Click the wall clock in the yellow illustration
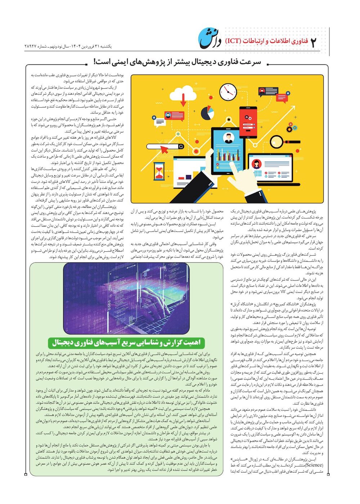pyautogui.click(x=228, y=92)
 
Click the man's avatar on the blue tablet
pyautogui.click(x=228, y=138)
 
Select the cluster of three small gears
pyautogui.click(x=291, y=128)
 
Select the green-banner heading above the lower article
pyautogui.click(x=126, y=342)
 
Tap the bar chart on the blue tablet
pyautogui.click(x=227, y=156)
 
